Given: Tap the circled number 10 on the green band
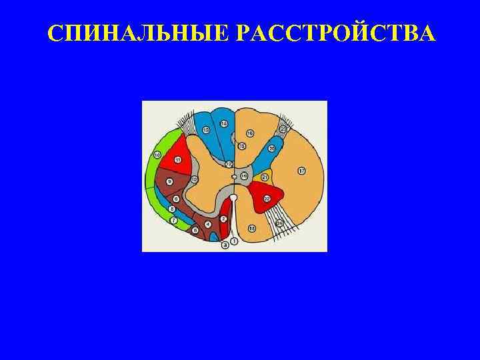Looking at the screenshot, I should pyautogui.click(x=157, y=155).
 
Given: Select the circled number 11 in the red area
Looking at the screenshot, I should pyautogui.click(x=178, y=160).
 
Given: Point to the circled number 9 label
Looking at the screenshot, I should pyautogui.click(x=169, y=181).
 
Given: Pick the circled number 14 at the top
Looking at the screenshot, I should pyautogui.click(x=223, y=123).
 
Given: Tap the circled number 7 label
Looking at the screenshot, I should pyautogui.click(x=173, y=220).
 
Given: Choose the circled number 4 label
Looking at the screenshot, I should pyautogui.click(x=208, y=224).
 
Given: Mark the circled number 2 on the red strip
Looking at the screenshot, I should pyautogui.click(x=224, y=219).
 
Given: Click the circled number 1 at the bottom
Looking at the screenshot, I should pyautogui.click(x=234, y=241).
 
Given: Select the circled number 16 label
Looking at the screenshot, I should pyautogui.click(x=250, y=133).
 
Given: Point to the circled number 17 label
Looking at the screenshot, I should pyautogui.click(x=301, y=171).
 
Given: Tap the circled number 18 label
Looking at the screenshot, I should pyautogui.click(x=252, y=229).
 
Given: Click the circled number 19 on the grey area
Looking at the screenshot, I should pyautogui.click(x=244, y=175).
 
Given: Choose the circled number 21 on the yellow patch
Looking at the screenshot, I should pyautogui.click(x=265, y=177).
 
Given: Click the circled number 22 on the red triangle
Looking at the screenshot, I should pyautogui.click(x=267, y=198).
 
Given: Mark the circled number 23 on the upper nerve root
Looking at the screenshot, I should pyautogui.click(x=283, y=129).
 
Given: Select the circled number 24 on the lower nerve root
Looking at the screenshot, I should pyautogui.click(x=280, y=222).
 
